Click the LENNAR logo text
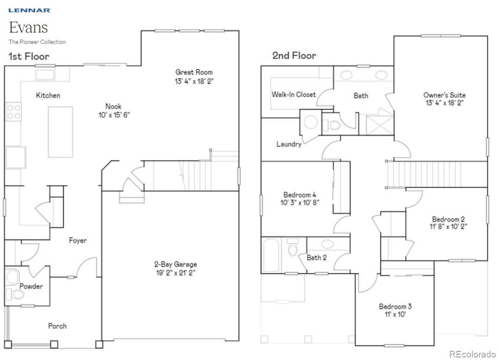point(29,11)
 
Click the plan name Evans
point(28,27)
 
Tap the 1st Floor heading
point(29,56)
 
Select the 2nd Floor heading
point(294,56)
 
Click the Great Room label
point(194,72)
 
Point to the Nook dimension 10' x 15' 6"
point(114,115)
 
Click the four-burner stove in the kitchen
point(14,111)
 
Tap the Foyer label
point(78,241)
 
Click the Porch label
point(57,326)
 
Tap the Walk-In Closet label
point(294,94)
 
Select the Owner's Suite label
point(444,95)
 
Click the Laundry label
point(289,144)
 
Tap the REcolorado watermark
point(472,354)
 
